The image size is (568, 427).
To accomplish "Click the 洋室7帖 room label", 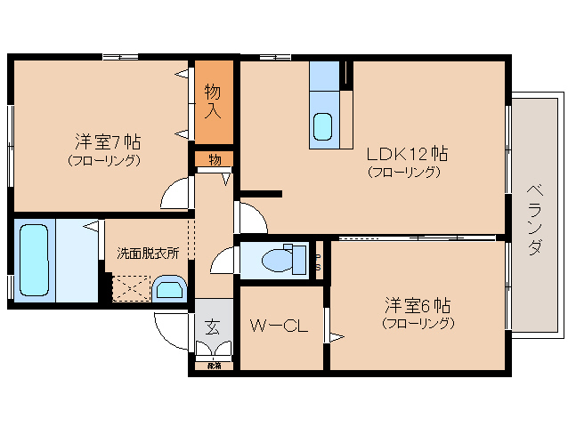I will [106, 141].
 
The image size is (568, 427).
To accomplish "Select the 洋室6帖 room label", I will [417, 305].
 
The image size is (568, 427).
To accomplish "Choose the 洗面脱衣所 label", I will [148, 253].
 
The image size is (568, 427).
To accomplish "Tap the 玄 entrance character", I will [214, 326].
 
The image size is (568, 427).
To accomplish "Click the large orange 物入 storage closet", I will [214, 101].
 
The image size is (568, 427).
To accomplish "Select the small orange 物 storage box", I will [215, 159].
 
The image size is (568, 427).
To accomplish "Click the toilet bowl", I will [279, 260].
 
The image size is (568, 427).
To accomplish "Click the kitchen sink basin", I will [323, 126].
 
